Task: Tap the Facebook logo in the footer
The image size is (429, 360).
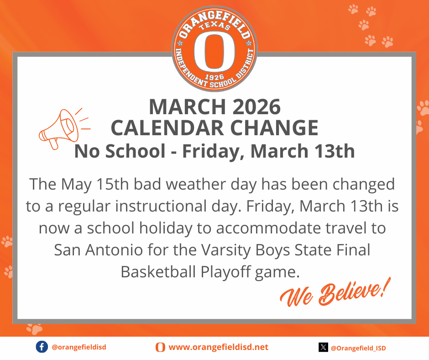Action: [x=42, y=347]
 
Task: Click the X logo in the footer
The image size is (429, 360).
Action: [x=323, y=347]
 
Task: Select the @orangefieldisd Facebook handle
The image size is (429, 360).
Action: [x=79, y=347]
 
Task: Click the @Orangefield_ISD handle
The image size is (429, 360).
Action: [x=358, y=348]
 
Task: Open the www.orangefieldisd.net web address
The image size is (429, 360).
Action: [x=219, y=347]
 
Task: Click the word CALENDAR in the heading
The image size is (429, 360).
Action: [x=168, y=128]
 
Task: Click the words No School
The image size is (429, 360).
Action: [x=120, y=151]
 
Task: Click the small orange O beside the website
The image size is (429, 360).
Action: [x=160, y=347]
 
